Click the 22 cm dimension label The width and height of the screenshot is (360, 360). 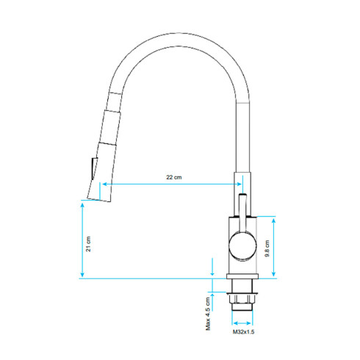point(173,179)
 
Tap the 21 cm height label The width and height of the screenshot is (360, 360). point(89,243)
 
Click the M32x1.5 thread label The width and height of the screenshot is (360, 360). point(243,333)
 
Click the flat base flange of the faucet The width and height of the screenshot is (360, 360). point(242,281)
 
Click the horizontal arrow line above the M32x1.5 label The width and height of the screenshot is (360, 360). point(242,322)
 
